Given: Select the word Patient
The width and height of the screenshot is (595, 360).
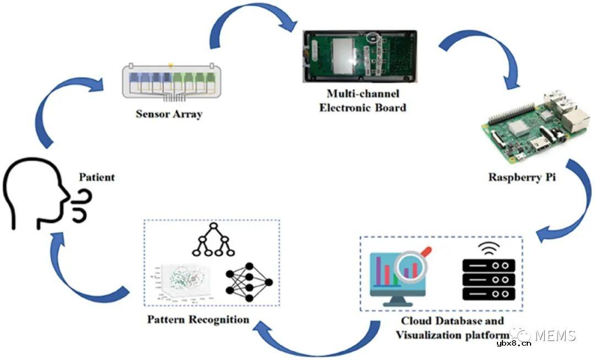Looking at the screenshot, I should [x=97, y=178].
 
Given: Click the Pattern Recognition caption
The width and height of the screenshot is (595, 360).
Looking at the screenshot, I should [x=198, y=320].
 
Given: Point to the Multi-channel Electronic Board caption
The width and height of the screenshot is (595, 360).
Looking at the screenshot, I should [x=363, y=100].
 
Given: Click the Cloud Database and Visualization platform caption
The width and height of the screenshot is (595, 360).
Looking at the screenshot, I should [x=452, y=328].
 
